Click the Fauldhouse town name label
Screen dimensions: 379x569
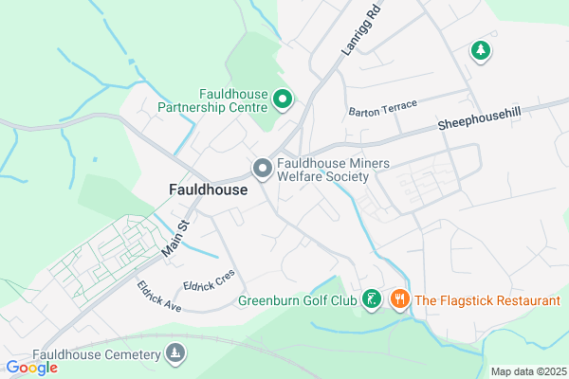208,189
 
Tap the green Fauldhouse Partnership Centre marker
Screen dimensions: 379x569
282,99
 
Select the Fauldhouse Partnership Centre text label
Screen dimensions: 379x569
233,100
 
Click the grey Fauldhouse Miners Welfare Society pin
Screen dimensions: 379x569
262,169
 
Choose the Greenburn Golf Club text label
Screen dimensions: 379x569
297,302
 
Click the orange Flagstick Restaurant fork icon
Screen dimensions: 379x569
399,300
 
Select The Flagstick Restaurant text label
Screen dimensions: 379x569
487,301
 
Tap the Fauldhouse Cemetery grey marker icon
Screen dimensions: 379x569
174,354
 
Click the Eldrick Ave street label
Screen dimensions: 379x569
157,297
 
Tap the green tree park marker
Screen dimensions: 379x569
481,50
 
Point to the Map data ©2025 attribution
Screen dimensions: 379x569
526,371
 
